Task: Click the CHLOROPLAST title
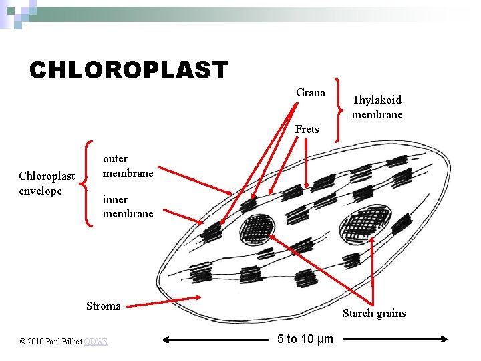pyautogui.click(x=128, y=70)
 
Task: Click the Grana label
pyautogui.click(x=311, y=93)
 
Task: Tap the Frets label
pyautogui.click(x=307, y=129)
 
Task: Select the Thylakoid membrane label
pyautogui.click(x=377, y=107)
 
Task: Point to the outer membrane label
pyautogui.click(x=128, y=166)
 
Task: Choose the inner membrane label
pyautogui.click(x=128, y=207)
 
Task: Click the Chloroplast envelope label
pyautogui.click(x=47, y=183)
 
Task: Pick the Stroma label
pyautogui.click(x=104, y=306)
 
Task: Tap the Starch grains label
pyautogui.click(x=374, y=313)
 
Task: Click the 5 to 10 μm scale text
pyautogui.click(x=305, y=339)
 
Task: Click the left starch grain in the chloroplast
pyautogui.click(x=257, y=229)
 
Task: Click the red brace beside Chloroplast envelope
pyautogui.click(x=86, y=183)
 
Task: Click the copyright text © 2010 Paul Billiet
pyautogui.click(x=51, y=342)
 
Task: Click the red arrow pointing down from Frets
pyautogui.click(x=305, y=164)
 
